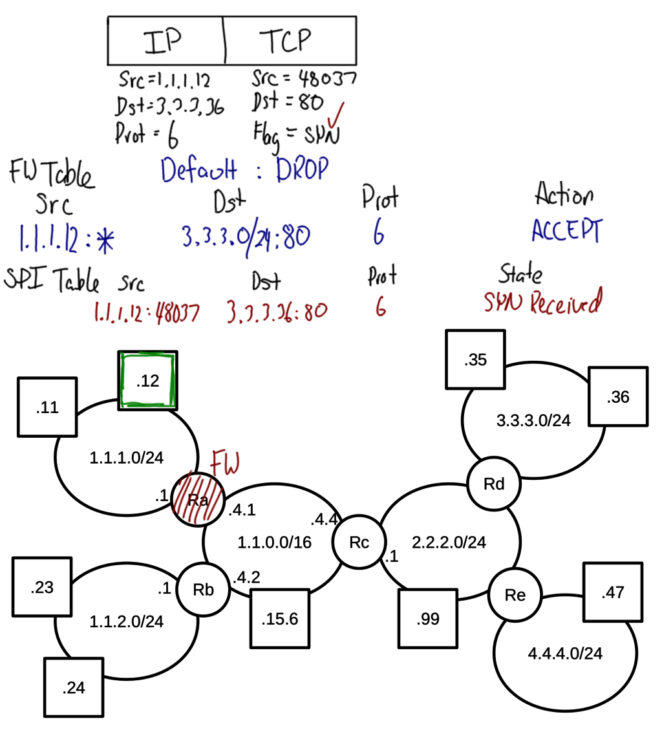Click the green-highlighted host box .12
(147, 382)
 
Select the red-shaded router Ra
(198, 499)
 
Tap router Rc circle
(359, 542)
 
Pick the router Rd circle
(493, 483)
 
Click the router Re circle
(515, 595)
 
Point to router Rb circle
(204, 589)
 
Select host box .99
(428, 619)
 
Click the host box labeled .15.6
(279, 619)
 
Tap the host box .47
(612, 592)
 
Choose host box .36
(618, 397)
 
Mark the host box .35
(475, 360)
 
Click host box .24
(74, 687)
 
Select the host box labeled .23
(42, 588)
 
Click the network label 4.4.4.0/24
(565, 654)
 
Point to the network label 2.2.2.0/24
(448, 542)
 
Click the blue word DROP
(302, 169)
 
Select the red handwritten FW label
(226, 464)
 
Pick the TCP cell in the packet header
(290, 40)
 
